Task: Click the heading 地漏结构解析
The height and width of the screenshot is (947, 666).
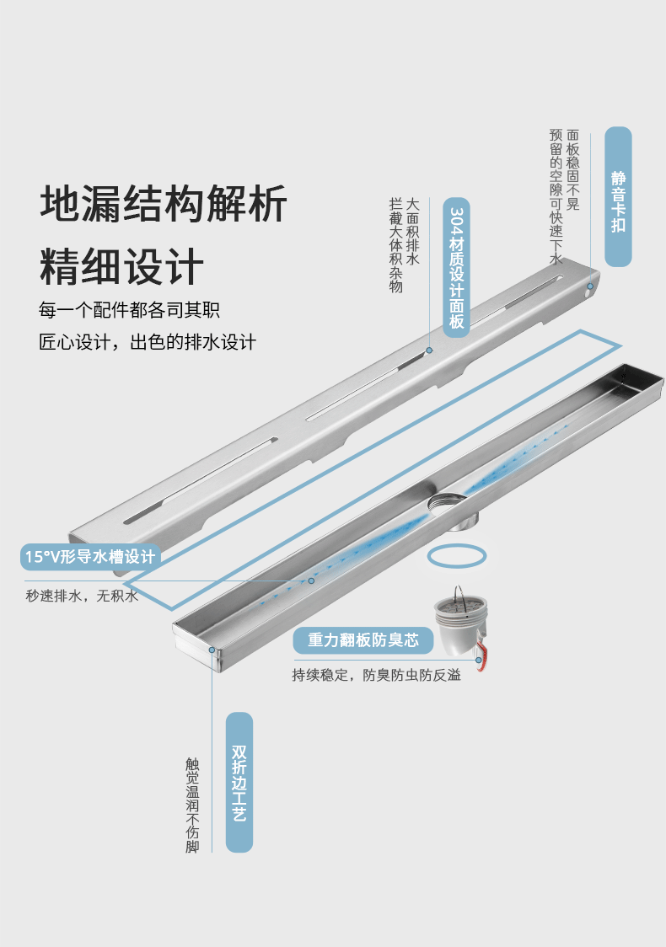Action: tap(164, 204)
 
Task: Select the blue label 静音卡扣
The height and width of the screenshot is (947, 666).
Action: tap(619, 197)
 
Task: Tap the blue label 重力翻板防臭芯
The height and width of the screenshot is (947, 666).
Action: tap(363, 640)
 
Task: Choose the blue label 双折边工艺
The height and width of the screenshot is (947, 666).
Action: tap(239, 783)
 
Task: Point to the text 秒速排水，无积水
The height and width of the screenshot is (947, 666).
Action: tap(82, 597)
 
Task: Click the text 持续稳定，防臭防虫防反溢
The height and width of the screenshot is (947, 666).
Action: tap(376, 676)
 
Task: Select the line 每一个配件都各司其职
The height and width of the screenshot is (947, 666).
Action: tap(129, 310)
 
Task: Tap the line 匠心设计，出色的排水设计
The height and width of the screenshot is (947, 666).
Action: tap(148, 342)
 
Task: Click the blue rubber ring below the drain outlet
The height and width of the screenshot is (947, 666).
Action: tap(456, 556)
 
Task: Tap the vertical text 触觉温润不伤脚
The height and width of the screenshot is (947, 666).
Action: tap(192, 805)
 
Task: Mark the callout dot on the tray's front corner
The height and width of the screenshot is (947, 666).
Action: tap(212, 650)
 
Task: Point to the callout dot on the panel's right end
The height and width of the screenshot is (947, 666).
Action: tap(590, 286)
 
